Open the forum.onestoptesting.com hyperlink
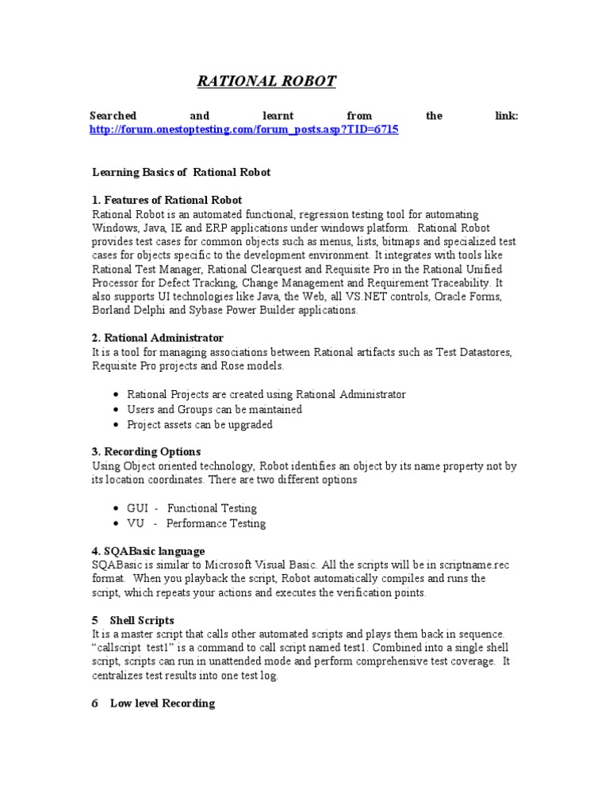(x=245, y=129)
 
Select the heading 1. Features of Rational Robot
(x=167, y=200)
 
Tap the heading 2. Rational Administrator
(x=158, y=338)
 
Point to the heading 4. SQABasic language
(x=148, y=550)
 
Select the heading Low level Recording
(x=162, y=703)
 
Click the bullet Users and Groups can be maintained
(x=214, y=409)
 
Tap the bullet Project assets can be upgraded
(x=199, y=424)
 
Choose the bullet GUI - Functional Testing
(x=191, y=507)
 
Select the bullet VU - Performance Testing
(x=196, y=523)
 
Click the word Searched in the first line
(x=114, y=116)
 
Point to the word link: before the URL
(x=505, y=116)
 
